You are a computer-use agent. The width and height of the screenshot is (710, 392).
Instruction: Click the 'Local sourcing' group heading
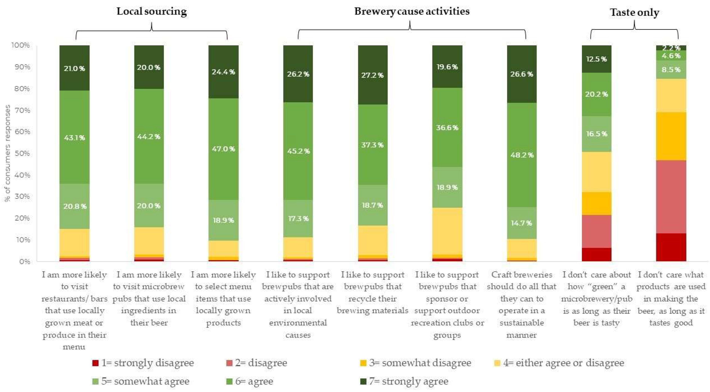152,12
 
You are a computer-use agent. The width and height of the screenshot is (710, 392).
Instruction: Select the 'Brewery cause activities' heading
412,12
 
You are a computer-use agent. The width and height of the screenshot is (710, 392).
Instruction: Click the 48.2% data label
522,155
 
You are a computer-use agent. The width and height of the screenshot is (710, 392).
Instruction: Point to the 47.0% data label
223,149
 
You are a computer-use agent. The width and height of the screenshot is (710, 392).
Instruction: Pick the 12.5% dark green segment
596,59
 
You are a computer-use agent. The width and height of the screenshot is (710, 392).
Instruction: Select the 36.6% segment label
447,128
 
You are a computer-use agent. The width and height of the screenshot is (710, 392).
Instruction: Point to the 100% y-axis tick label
20,45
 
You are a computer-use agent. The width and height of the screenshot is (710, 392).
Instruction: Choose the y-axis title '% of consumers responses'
8,153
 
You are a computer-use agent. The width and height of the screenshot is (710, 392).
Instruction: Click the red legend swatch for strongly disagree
95,363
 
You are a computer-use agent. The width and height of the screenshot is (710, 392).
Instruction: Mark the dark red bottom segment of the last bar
671,247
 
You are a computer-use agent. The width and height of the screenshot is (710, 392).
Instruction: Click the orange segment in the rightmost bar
671,136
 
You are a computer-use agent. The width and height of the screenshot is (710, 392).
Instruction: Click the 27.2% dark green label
372,75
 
